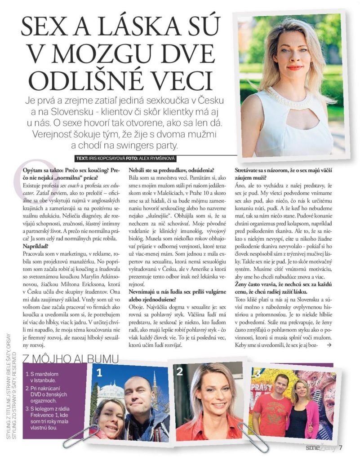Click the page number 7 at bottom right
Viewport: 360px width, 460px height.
(x=341, y=447)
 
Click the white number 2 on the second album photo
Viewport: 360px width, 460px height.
(x=180, y=371)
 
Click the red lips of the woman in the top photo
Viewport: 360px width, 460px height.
(x=294, y=68)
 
